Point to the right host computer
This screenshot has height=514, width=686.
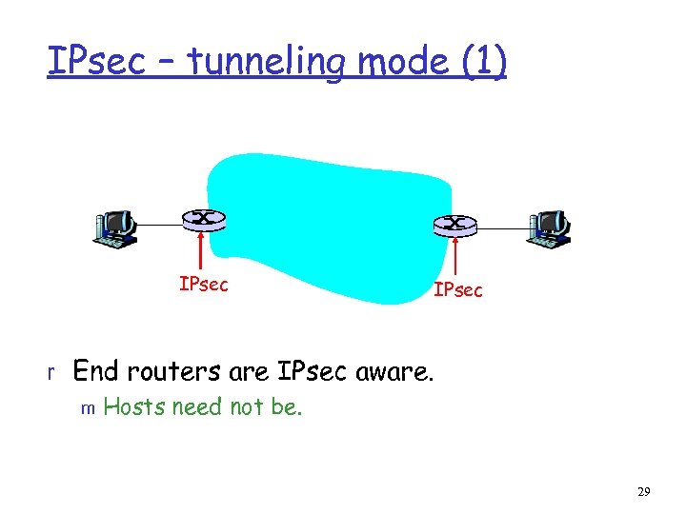pos(549,228)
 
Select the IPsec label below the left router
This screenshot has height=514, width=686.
pos(203,284)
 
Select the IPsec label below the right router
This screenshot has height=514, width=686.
pos(458,289)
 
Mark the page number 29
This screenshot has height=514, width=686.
pos(643,491)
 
